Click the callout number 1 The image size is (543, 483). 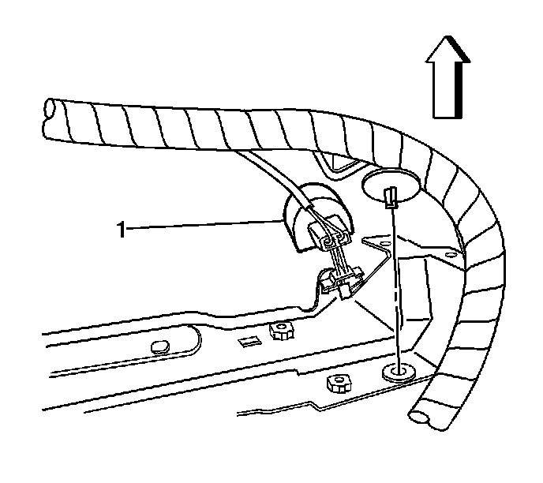point(121,230)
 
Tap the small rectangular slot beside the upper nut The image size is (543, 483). point(248,340)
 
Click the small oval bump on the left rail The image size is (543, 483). point(159,345)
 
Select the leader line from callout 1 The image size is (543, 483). point(205,227)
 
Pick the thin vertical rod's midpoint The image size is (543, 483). point(395,284)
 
